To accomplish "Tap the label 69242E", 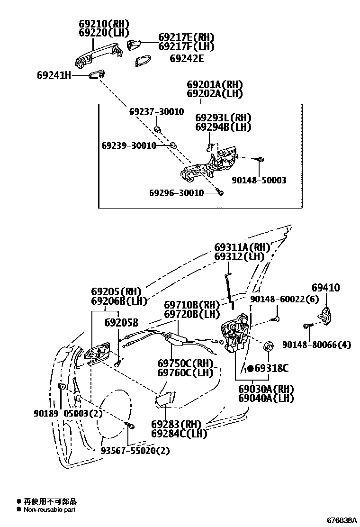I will point(187,59).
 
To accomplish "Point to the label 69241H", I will point(54,75).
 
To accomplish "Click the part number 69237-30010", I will point(157,111).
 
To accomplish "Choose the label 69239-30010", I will point(129,145).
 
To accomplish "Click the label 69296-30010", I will point(176,193).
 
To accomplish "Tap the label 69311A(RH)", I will point(242,247).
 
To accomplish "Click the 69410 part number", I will point(325,288).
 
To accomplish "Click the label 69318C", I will point(271,368).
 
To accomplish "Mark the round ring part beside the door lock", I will point(268,347).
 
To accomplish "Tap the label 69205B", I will point(121,323).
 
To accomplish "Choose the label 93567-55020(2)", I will point(135,451).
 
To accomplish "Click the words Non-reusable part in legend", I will point(50,510).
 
